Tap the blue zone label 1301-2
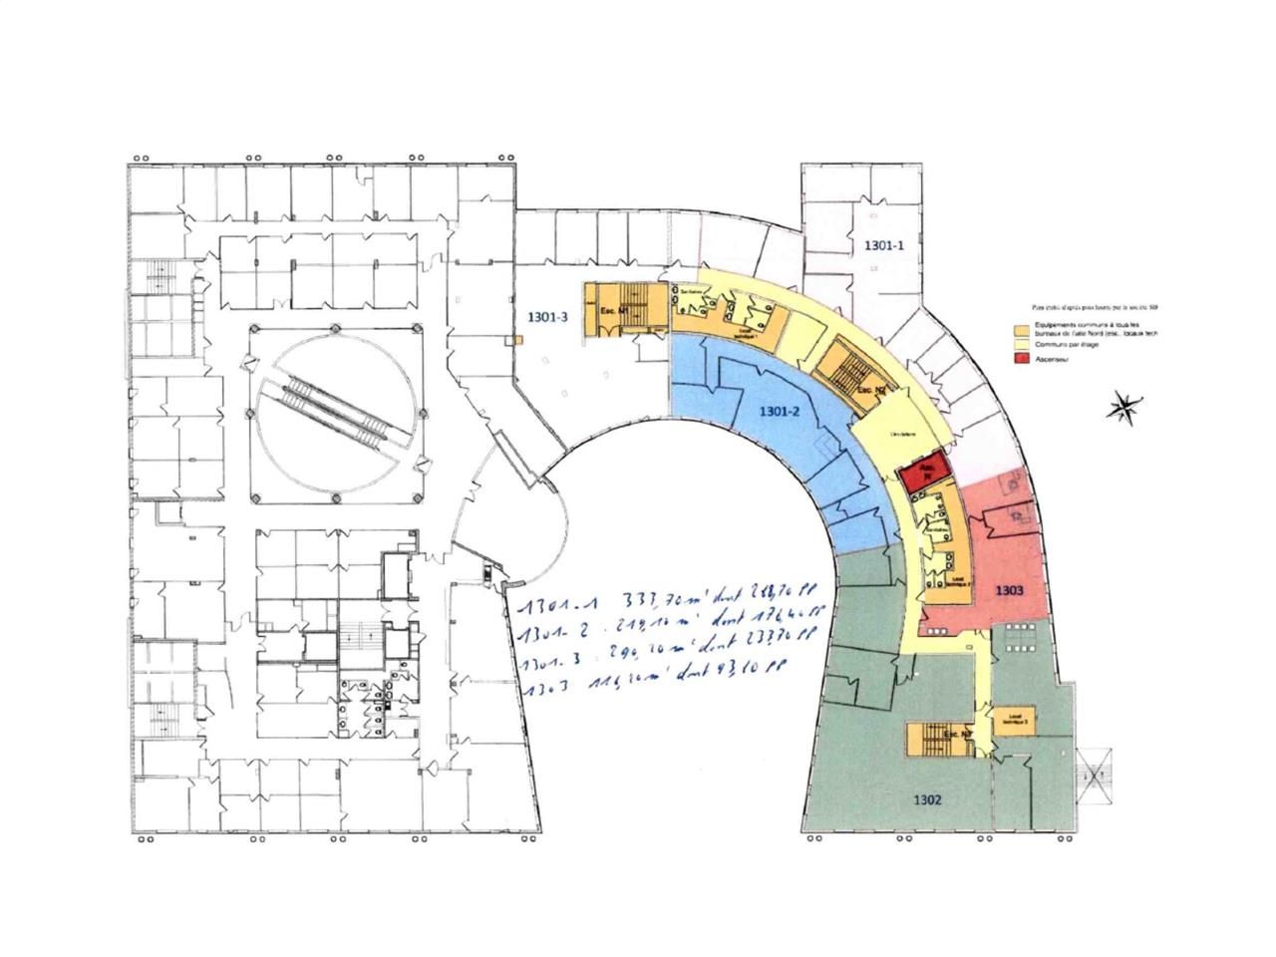[x=781, y=411]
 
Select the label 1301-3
[x=547, y=318]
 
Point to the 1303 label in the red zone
[x=1010, y=590]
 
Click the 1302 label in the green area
[x=926, y=799]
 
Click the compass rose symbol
[x=1123, y=407]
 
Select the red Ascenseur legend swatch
[x=1020, y=360]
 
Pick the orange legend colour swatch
[x=1020, y=330]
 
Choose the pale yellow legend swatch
[x=1020, y=346]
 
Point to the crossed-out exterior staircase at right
[x=1095, y=775]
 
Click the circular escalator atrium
[x=337, y=414]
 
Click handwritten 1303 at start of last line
[x=548, y=689]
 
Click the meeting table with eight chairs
[x=1019, y=636]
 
